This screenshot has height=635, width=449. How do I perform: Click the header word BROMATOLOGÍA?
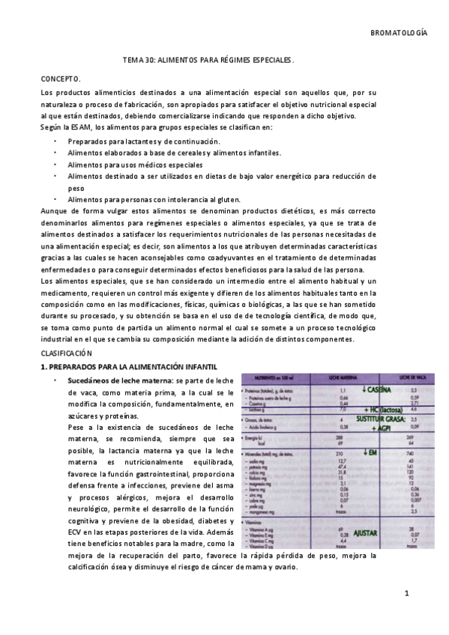tap(399, 33)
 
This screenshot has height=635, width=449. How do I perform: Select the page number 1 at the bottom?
tap(406, 594)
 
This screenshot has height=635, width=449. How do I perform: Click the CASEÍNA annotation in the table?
tap(378, 389)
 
